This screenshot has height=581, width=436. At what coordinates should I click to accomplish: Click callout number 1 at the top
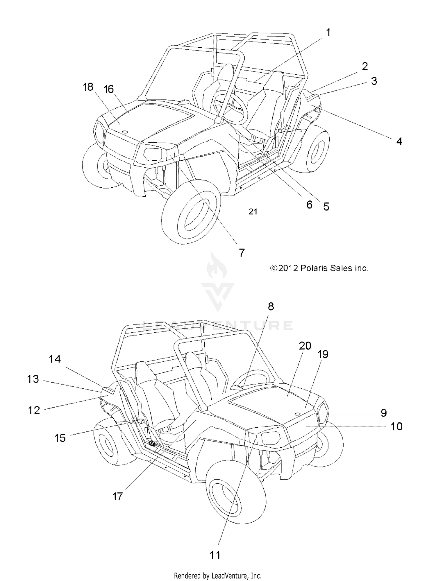point(328,33)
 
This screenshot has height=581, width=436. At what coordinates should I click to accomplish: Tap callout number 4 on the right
point(399,141)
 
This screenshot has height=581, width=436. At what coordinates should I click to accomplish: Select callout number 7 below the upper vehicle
point(242,253)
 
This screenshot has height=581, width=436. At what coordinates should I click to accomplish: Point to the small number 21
point(253,212)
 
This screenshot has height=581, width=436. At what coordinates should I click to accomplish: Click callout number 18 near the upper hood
point(88,87)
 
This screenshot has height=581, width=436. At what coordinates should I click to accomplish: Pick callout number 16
point(109,89)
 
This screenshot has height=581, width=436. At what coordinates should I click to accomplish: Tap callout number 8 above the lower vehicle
point(271,306)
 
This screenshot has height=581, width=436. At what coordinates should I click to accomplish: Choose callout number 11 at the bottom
point(215,555)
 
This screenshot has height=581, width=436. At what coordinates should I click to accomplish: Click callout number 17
point(118,496)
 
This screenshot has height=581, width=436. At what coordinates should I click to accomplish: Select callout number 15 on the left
point(60,438)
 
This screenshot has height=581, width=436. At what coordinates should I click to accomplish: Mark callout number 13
point(33,379)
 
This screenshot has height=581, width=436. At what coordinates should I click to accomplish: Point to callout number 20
point(305,346)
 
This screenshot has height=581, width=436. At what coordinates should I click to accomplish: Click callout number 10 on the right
point(396,426)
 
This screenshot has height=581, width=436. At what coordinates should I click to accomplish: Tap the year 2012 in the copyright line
point(288,268)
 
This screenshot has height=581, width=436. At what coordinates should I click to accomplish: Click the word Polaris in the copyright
point(315,268)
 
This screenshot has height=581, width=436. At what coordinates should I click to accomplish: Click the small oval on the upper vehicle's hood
point(125,132)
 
